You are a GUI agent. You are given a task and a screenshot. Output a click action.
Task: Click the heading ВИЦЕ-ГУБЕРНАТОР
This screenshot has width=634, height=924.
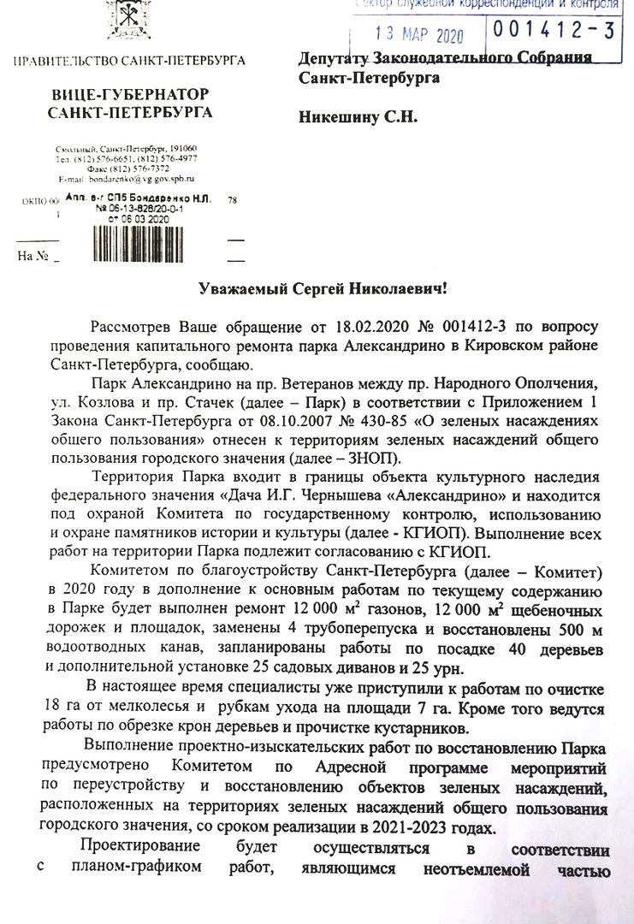pos(130,93)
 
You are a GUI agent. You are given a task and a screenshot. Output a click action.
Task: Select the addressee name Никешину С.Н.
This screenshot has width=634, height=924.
pos(358,118)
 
